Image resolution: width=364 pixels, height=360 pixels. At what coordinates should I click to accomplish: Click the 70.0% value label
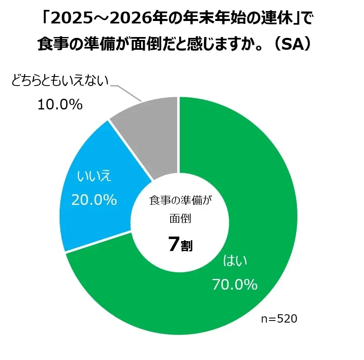235,284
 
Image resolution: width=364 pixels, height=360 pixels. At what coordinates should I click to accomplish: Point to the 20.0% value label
94,200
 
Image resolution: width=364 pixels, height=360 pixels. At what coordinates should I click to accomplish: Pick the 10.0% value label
60,105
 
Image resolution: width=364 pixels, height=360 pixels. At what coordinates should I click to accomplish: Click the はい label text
235,261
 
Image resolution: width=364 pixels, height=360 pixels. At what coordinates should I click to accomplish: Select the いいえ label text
94,177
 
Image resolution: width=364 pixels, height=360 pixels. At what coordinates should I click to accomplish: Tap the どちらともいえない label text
60,81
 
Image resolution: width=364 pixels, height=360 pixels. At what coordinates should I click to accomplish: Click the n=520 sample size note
279,319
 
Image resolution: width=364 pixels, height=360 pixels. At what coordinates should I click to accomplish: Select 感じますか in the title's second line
220,44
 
